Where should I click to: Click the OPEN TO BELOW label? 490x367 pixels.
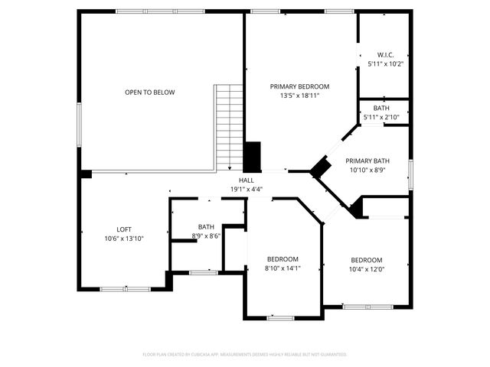[150, 93]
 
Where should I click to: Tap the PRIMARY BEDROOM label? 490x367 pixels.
[299, 86]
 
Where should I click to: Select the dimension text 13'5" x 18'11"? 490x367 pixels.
[299, 96]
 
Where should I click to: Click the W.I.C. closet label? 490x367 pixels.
[384, 54]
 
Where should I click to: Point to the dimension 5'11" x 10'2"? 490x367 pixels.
[384, 63]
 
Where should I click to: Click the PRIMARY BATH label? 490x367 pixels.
[367, 161]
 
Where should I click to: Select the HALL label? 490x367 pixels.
[246, 180]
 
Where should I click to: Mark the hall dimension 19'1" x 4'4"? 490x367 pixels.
[246, 189]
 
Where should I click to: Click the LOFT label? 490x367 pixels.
[123, 229]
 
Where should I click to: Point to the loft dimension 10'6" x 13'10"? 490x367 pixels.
[123, 239]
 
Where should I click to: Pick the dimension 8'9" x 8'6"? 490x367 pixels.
[206, 236]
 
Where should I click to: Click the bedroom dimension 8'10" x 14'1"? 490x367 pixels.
[283, 268]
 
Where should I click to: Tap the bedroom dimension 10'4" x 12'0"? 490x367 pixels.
[366, 268]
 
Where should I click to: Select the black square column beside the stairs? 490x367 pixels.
[252, 157]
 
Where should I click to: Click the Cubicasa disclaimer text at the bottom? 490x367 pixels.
[245, 355]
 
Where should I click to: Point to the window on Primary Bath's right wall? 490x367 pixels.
[410, 174]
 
